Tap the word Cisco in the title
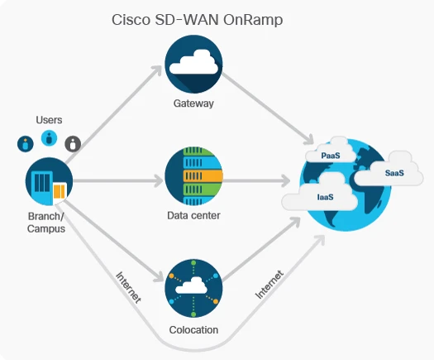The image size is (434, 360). point(130,19)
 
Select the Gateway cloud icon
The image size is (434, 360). point(194,65)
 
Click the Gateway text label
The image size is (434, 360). point(194,103)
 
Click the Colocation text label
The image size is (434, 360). point(194,329)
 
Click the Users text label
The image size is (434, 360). point(49,120)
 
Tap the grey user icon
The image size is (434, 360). point(74,143)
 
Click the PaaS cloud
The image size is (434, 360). point(331,154)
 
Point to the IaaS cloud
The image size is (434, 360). point(324,197)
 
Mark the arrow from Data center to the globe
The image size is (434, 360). point(256,179)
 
